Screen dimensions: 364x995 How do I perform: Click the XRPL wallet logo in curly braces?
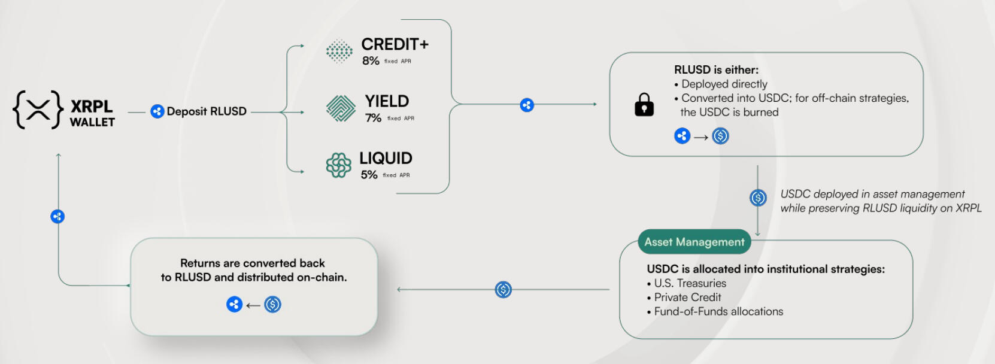[x=38, y=110]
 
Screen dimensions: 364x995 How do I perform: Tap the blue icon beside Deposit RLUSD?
[x=157, y=111]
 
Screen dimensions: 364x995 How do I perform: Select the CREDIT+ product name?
[x=395, y=44]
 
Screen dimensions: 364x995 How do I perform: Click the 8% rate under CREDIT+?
[x=371, y=61]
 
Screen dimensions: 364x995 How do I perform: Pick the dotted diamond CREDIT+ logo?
[x=339, y=51]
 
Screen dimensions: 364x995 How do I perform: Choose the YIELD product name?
[x=387, y=101]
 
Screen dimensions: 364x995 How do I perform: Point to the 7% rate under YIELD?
[x=373, y=118]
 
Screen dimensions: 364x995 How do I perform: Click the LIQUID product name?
[x=386, y=158]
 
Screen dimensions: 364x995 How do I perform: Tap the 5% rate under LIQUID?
[x=369, y=175]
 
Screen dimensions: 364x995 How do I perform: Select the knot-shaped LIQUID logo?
[x=339, y=165]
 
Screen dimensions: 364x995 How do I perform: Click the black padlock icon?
[x=644, y=105]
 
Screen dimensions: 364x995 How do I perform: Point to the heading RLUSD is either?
[x=716, y=70]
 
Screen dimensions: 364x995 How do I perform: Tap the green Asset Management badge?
[x=694, y=242]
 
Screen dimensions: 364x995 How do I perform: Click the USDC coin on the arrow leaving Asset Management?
[x=503, y=290]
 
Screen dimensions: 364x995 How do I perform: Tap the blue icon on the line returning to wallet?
[x=57, y=217]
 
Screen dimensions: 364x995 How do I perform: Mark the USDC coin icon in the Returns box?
[x=273, y=305]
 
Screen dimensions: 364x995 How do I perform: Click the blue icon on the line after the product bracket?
[x=527, y=105]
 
